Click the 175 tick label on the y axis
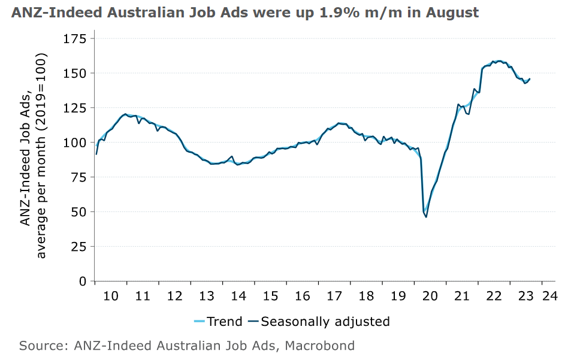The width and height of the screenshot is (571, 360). (x=75, y=40)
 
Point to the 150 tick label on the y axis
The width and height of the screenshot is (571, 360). (x=75, y=73)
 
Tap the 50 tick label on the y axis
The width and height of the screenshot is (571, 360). (x=78, y=212)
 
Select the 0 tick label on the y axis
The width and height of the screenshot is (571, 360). (x=83, y=281)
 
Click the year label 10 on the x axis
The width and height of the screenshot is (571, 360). (x=110, y=295)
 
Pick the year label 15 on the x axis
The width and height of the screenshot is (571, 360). (x=271, y=295)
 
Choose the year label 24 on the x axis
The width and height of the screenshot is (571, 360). (x=550, y=295)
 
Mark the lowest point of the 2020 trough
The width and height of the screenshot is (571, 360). (x=426, y=217)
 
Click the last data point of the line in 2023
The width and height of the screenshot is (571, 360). (x=530, y=79)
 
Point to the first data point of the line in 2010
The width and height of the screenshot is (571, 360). (x=96, y=154)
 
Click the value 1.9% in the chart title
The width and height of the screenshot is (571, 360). (x=339, y=13)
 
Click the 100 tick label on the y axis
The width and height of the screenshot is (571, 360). (x=75, y=143)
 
